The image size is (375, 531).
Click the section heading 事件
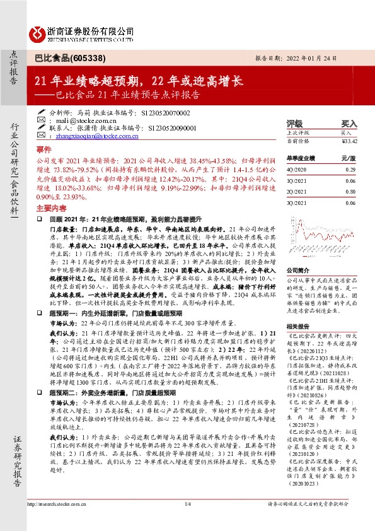point(43,149)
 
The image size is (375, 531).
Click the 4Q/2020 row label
point(296,170)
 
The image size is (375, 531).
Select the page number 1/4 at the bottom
point(187,522)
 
